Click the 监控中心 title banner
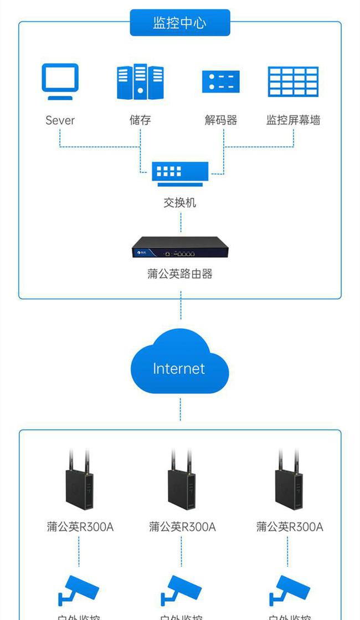[179, 23]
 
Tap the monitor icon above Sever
[60, 81]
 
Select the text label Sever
[60, 120]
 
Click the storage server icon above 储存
[140, 81]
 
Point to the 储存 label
[140, 120]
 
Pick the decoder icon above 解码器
[220, 81]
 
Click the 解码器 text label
[220, 120]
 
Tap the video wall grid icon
[293, 81]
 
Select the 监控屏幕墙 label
[293, 120]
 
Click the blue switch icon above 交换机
[180, 173]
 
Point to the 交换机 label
[180, 203]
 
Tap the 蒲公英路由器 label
[180, 274]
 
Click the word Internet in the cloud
[179, 368]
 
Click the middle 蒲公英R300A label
[182, 526]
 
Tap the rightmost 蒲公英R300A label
[290, 526]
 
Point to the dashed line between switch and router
[181, 222]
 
